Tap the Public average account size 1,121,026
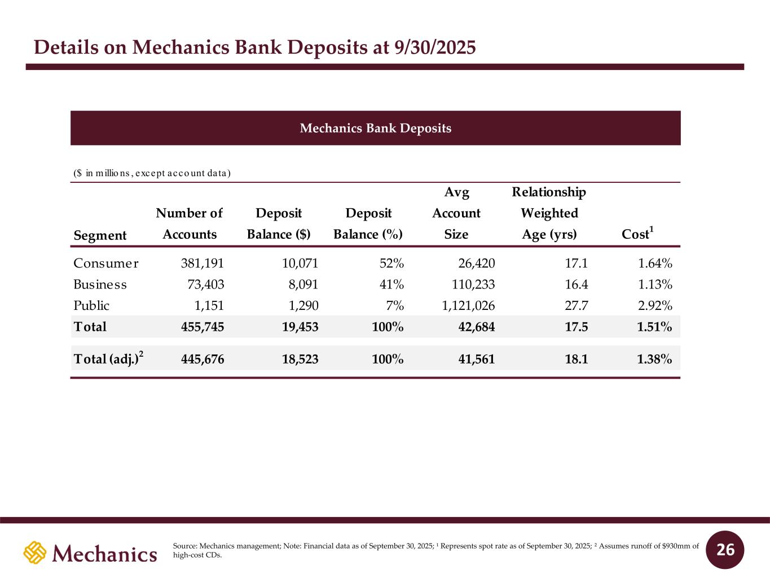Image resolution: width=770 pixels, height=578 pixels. point(468,306)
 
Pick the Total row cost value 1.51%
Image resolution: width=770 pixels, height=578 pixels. point(654,327)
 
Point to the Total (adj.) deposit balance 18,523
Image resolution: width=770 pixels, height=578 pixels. point(300,358)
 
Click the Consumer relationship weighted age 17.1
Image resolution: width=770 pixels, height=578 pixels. point(577,263)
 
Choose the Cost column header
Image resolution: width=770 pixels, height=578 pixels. point(637,234)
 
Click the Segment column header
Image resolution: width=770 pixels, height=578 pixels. point(100,235)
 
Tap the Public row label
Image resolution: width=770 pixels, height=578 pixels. point(91,306)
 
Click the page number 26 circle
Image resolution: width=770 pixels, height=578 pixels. point(725,550)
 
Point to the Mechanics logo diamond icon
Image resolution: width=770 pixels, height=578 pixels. point(34,552)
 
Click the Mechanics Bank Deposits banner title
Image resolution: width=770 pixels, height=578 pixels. point(375,128)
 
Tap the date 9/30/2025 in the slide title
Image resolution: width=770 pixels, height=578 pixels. point(433,48)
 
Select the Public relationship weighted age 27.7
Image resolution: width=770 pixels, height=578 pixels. point(577,306)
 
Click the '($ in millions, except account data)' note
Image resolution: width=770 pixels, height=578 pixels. point(152,173)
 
